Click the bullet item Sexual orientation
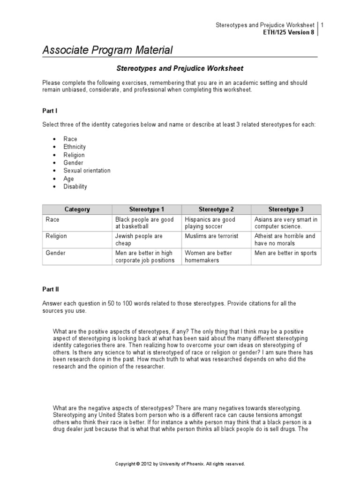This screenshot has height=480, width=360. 87,171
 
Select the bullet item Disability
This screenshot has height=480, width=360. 75,187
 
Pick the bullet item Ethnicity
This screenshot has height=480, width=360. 75,147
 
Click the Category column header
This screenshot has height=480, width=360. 77,209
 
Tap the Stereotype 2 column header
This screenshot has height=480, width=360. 216,209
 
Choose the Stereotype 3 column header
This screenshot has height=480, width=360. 286,209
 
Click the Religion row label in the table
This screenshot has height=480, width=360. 56,236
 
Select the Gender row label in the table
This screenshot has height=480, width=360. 55,253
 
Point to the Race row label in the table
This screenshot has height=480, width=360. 52,219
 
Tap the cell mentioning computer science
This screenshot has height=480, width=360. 285,223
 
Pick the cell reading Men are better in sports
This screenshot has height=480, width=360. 285,253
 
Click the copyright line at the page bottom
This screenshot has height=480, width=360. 180,464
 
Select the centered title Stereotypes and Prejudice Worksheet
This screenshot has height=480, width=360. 180,68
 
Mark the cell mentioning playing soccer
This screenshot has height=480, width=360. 210,223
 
